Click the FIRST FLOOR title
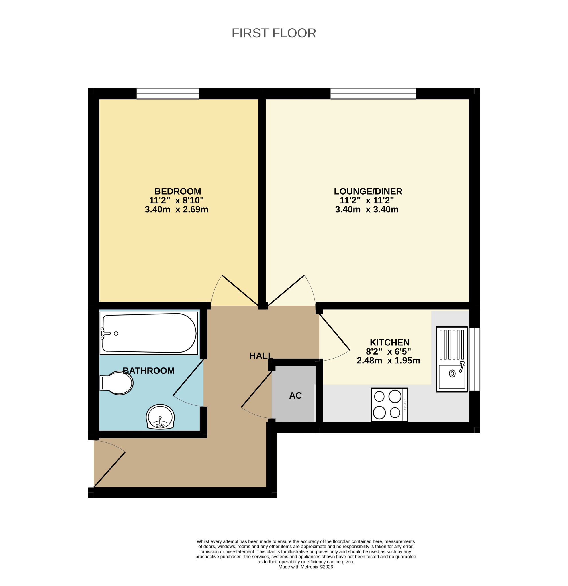tap(274, 33)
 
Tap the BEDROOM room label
tap(178, 191)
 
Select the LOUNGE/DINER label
tap(368, 191)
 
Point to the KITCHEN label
tap(389, 342)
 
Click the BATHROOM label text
tap(148, 371)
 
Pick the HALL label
tap(261, 356)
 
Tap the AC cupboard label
tap(295, 395)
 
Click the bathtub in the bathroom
tap(149, 333)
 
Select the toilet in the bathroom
tap(116, 383)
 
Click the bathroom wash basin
tap(160, 417)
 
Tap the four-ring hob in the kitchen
tap(389, 405)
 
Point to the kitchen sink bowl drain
tap(452, 373)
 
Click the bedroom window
tap(168, 94)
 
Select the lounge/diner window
tap(373, 94)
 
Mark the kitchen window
tap(474, 359)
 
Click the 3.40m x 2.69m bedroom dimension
tap(176, 209)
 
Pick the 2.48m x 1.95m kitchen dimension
tap(388, 361)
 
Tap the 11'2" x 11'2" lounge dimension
tap(367, 200)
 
